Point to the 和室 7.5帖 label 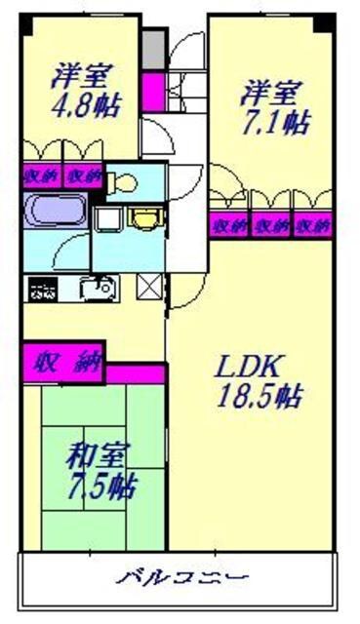coord(100,471)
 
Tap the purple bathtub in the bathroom coord(53,210)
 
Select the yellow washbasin coord(143,216)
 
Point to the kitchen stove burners coord(43,289)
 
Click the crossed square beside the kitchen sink coord(150,288)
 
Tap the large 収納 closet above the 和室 coord(64,363)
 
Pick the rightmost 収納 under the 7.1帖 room coord(313,225)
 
